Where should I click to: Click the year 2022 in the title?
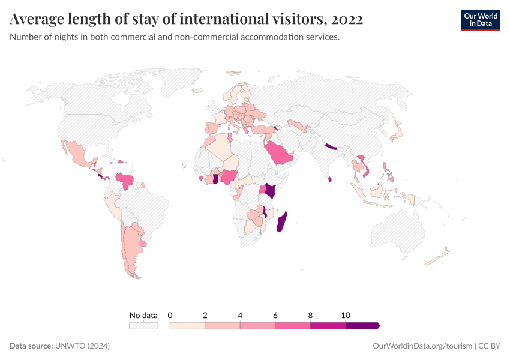click(346, 20)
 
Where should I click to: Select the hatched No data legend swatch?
click(143, 325)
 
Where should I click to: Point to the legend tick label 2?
click(205, 315)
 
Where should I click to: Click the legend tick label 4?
click(240, 315)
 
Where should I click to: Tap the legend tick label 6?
click(275, 315)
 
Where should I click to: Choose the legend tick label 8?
click(310, 315)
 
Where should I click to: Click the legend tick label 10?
click(346, 315)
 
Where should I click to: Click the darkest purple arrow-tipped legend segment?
click(362, 325)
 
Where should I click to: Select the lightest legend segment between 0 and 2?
click(187, 325)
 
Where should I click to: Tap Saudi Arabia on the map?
click(280, 154)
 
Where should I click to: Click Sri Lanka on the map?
click(330, 178)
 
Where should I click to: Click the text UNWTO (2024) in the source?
click(82, 346)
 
